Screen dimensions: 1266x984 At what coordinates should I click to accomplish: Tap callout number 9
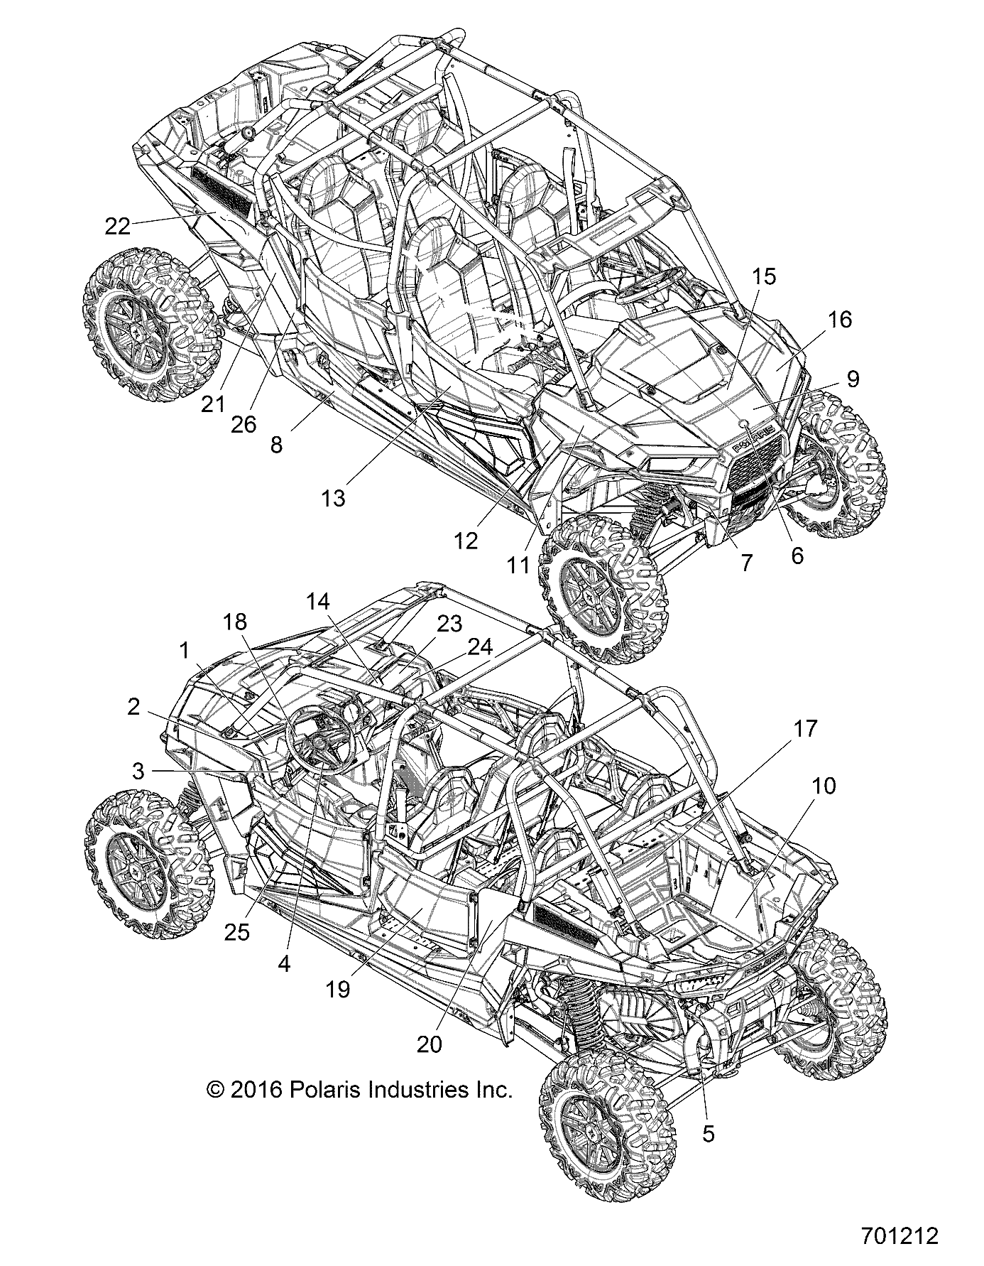point(853,379)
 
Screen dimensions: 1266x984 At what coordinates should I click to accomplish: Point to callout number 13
point(332,499)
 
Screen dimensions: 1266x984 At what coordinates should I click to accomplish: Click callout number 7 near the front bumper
point(745,563)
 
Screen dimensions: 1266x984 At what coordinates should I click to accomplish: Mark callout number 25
point(238,931)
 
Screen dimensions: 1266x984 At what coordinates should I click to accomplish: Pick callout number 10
point(822,786)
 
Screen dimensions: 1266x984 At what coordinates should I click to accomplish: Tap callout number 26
point(244,424)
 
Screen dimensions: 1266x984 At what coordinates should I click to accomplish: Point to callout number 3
point(138,771)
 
